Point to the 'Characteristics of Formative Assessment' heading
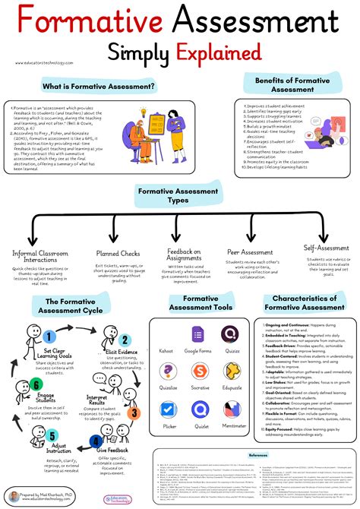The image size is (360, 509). tap(305, 304)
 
